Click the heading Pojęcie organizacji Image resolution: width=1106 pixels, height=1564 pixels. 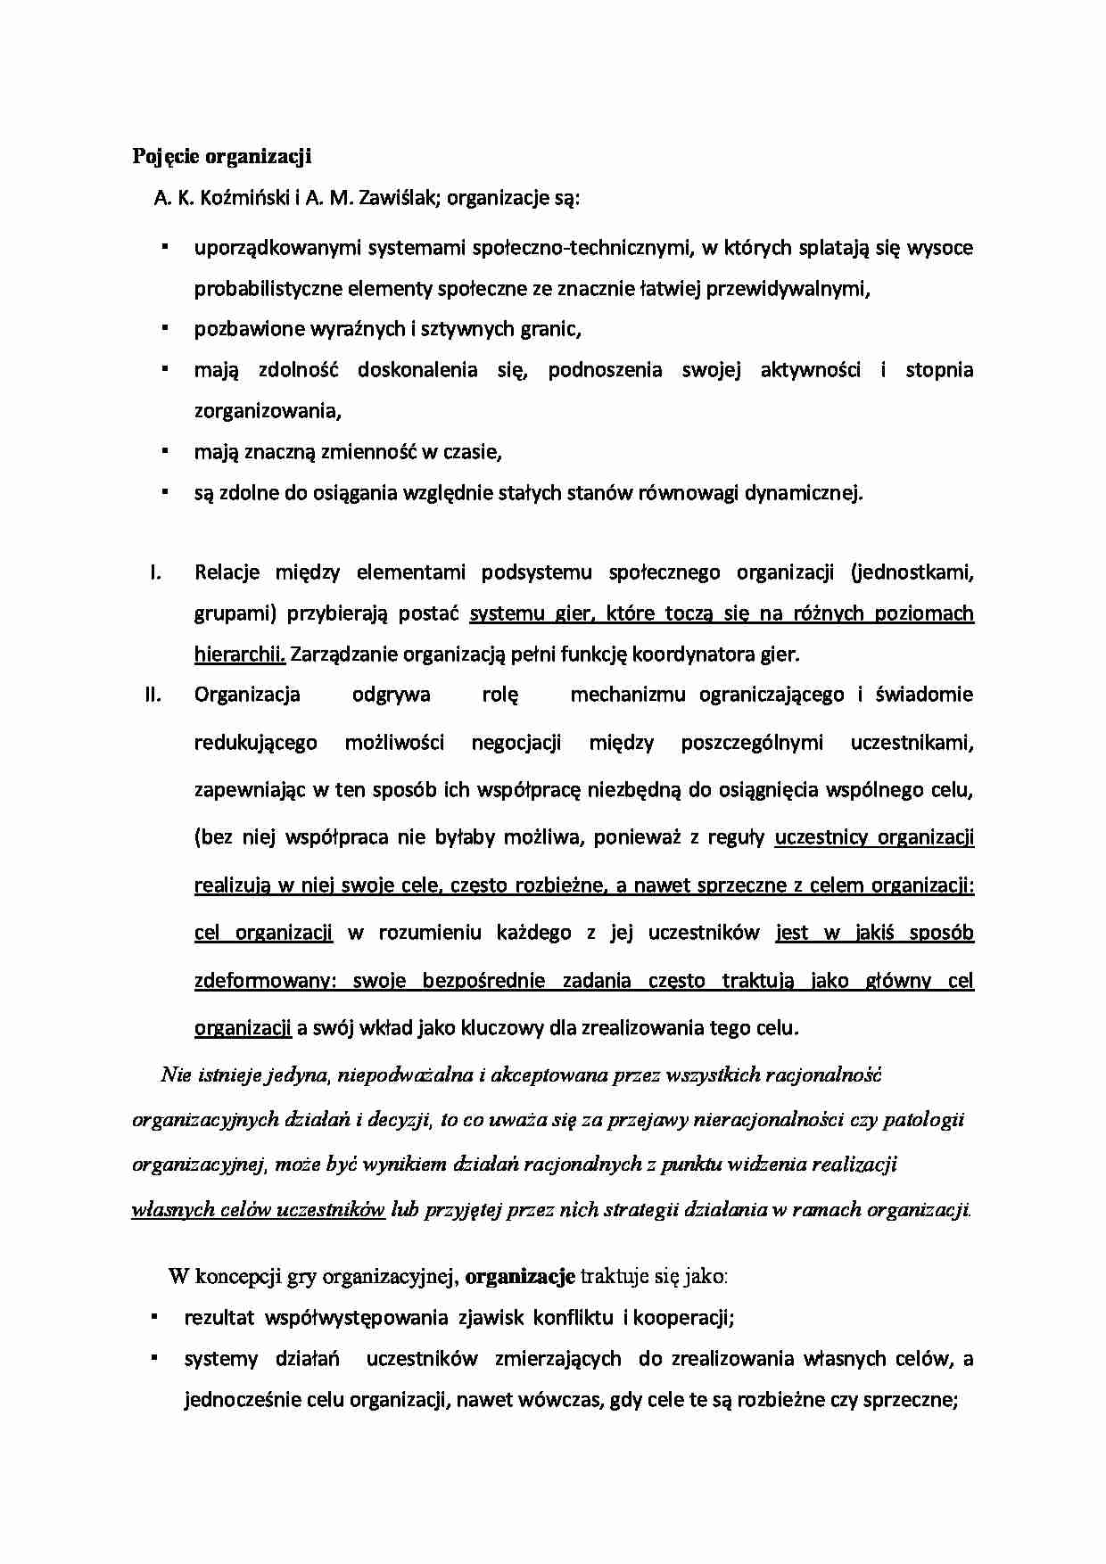(x=221, y=157)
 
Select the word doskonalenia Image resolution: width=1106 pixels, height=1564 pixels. (x=417, y=370)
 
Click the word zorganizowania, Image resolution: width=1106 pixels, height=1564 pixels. (x=268, y=411)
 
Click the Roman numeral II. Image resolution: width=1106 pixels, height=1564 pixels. (x=153, y=695)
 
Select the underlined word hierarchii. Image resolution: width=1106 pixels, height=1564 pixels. (x=239, y=654)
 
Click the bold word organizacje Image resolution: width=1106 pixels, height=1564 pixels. (x=520, y=1277)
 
